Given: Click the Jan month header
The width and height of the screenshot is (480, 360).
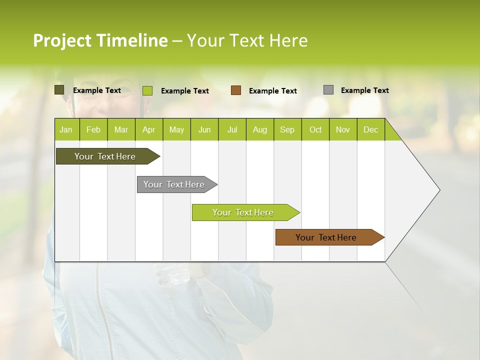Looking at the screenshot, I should click(66, 129).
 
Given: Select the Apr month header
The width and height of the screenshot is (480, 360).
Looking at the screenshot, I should click(148, 129).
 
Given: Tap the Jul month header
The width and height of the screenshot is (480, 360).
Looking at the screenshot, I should click(232, 129).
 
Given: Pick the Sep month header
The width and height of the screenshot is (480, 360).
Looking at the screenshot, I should click(287, 129).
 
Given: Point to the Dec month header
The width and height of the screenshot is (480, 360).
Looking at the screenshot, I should click(370, 129).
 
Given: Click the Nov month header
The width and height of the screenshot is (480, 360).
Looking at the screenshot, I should click(342, 129).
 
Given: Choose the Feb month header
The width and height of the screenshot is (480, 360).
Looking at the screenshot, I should click(93, 129).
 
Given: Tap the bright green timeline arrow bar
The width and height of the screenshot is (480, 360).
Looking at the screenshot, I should click(243, 212).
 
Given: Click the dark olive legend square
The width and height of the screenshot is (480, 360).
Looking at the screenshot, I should click(59, 90).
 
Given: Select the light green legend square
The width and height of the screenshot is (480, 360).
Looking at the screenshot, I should click(147, 90).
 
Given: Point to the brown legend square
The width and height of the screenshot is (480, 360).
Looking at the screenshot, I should click(236, 90).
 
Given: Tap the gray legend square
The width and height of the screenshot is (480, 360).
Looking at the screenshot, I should click(328, 90).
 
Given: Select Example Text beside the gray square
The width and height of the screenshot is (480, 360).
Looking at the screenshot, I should click(364, 90).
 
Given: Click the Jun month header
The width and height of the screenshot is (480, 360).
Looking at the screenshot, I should click(204, 129).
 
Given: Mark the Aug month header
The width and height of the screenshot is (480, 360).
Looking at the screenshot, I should click(259, 129).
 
